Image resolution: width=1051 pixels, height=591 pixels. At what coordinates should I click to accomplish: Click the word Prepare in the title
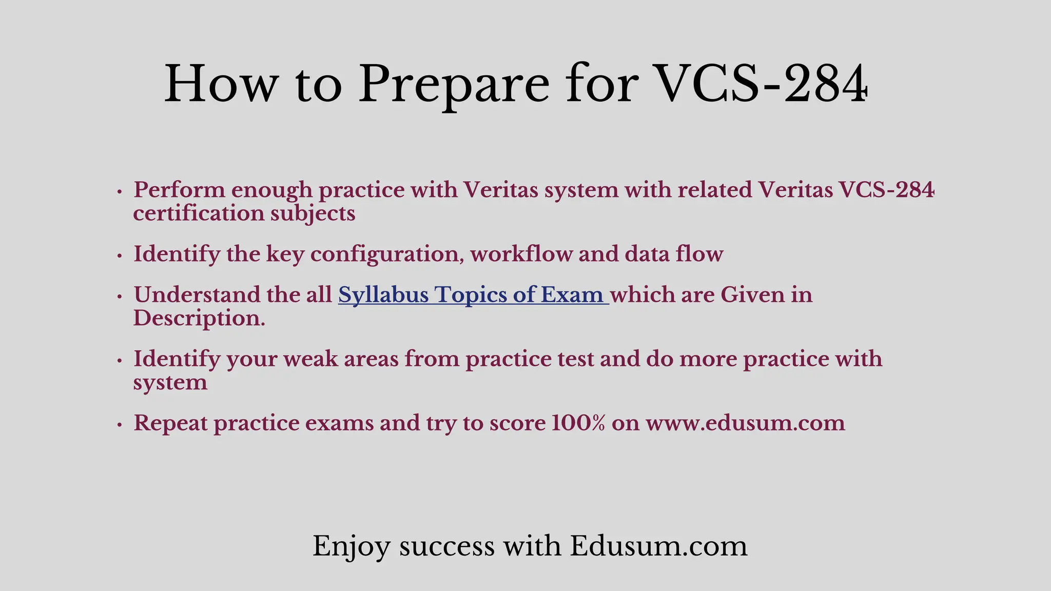click(454, 85)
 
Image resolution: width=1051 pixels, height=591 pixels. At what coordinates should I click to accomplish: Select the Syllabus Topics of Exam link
click(473, 295)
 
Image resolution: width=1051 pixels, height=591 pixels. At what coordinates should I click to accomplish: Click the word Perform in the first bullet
click(180, 190)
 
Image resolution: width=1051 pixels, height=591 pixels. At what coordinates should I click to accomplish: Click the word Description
click(199, 319)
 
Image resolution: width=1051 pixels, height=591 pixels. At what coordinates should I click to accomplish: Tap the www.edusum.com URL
click(745, 423)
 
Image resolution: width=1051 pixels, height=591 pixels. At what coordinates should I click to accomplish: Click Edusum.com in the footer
click(658, 546)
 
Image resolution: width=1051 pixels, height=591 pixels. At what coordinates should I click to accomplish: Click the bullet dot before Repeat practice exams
click(120, 425)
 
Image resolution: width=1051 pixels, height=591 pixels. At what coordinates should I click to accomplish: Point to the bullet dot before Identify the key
click(120, 255)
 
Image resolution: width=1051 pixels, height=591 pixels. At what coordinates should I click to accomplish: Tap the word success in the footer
click(447, 546)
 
